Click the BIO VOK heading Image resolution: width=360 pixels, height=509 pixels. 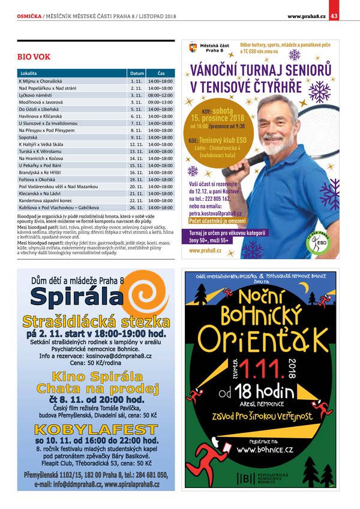pyautogui.click(x=33, y=58)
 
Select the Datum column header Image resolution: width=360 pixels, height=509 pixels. pyautogui.click(x=135, y=73)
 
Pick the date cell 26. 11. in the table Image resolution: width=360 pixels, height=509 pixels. pyautogui.click(x=135, y=207)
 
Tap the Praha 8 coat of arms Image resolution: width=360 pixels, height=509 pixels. pyautogui.click(x=193, y=47)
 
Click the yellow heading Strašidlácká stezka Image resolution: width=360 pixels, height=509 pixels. pyautogui.click(x=95, y=320)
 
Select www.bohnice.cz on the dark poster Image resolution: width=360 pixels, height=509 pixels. pyautogui.click(x=265, y=449)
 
